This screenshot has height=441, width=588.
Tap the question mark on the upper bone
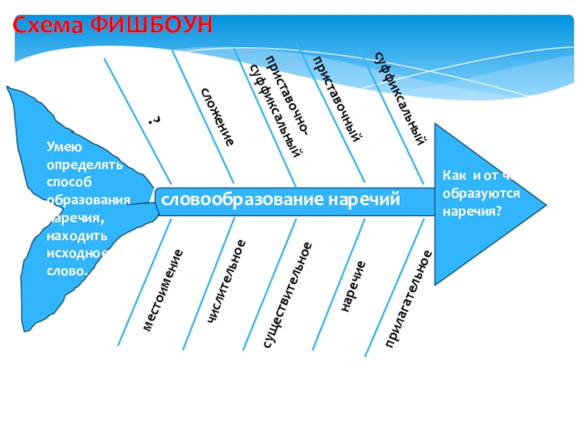(154, 120)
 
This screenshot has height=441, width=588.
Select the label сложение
(218, 116)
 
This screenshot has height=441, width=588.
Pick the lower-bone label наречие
(353, 285)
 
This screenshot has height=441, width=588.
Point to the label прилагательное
(408, 298)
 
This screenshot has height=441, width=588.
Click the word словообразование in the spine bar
(243, 200)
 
